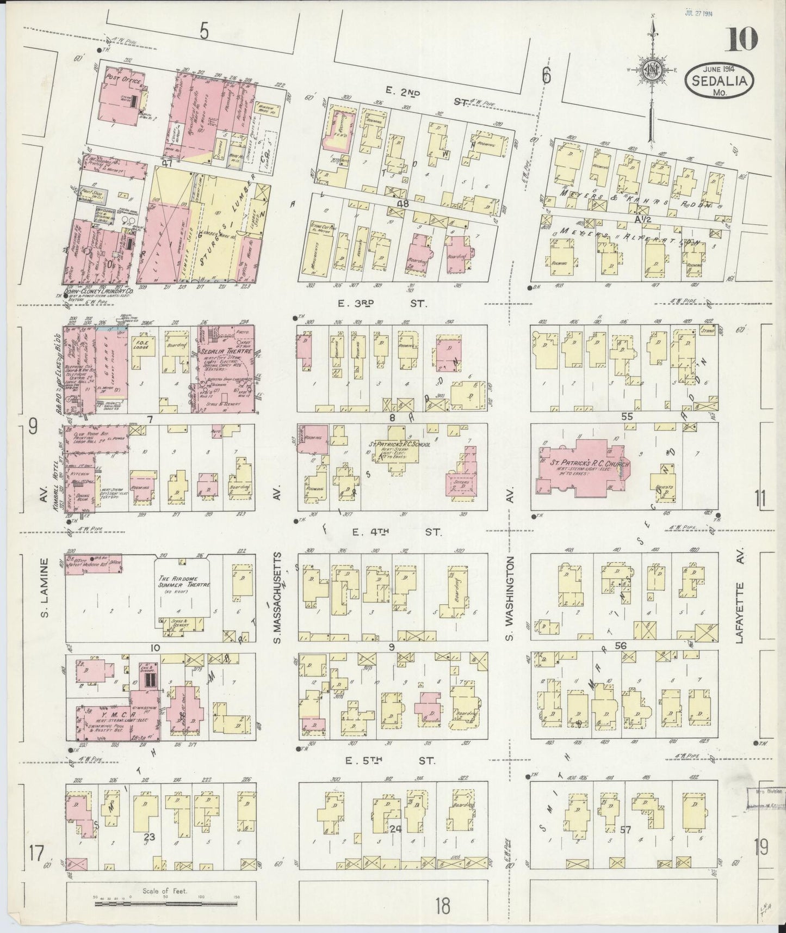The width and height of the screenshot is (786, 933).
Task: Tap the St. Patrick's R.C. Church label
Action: (585, 464)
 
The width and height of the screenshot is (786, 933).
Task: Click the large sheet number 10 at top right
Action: (741, 40)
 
